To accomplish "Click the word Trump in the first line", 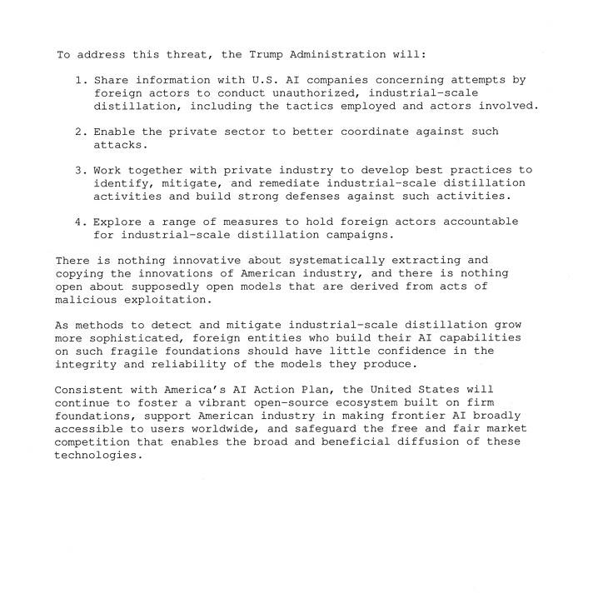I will [267, 55].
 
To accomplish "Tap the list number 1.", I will [81, 80].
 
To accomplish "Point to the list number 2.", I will [81, 132].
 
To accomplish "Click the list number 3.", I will [81, 170].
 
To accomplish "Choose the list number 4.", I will [81, 222].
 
